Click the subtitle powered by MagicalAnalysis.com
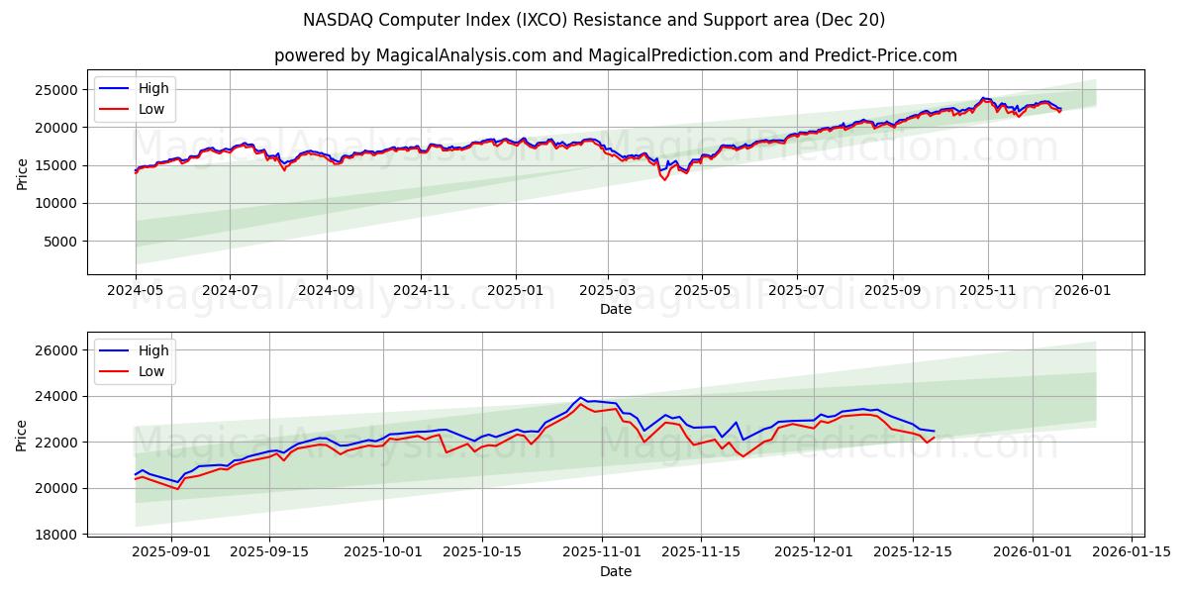tap(616, 55)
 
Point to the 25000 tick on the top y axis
tap(58, 90)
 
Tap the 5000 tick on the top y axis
tap(62, 242)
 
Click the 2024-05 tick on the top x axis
tap(136, 292)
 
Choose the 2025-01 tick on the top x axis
tap(516, 292)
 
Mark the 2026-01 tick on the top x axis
tap(1081, 292)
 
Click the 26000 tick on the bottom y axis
tap(58, 350)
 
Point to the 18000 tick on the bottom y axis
tap(58, 535)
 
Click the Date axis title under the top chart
tap(616, 310)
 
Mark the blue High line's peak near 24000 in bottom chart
tap(581, 398)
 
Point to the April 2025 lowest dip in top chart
tap(664, 179)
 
